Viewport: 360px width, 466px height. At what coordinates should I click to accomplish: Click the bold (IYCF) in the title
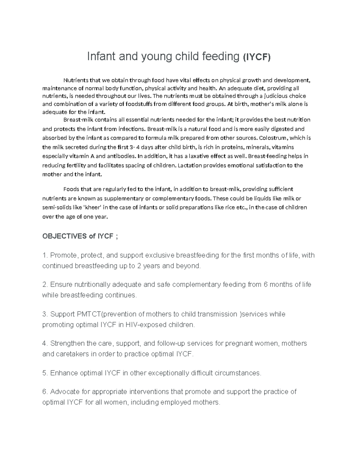(x=256, y=57)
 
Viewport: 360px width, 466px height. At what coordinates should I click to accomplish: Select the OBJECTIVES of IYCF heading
(x=80, y=236)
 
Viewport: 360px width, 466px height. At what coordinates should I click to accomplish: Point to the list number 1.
(x=45, y=255)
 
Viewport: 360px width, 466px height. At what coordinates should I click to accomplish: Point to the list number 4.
(x=45, y=343)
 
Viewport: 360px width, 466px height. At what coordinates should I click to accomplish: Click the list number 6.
(x=45, y=392)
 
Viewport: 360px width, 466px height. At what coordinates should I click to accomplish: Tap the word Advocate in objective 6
(x=63, y=392)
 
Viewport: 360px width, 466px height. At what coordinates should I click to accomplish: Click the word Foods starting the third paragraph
(x=71, y=189)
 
